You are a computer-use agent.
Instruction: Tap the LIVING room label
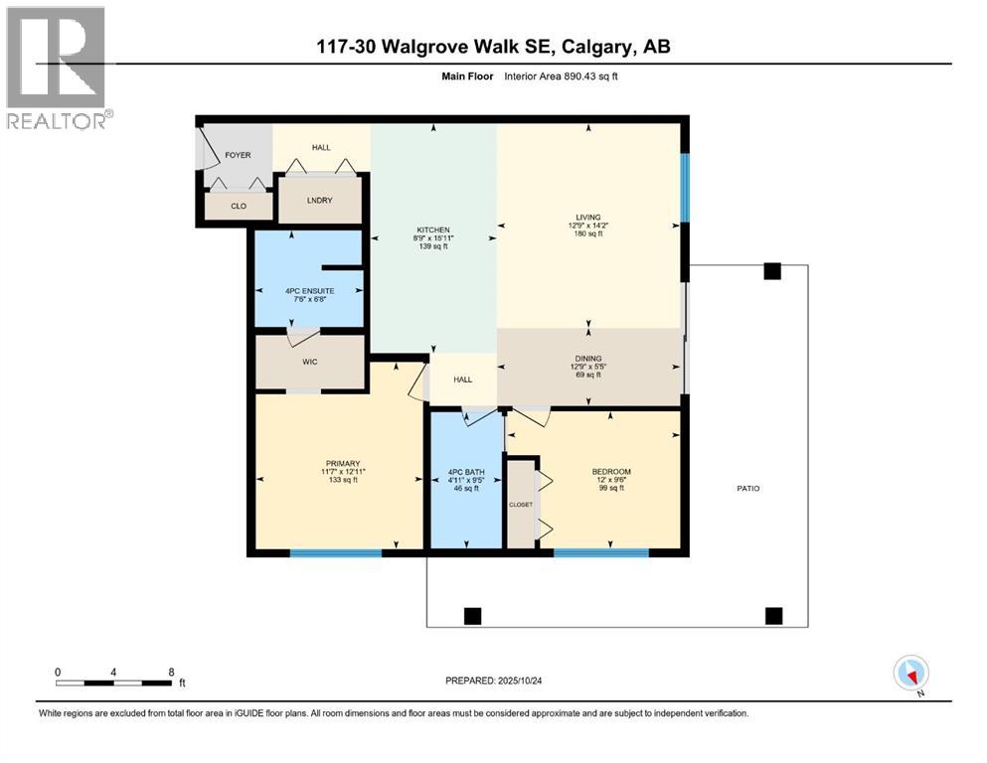588,217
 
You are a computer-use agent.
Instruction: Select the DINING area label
588,359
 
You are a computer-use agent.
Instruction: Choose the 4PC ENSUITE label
309,291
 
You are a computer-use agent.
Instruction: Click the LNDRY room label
319,201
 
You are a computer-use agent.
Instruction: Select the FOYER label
237,155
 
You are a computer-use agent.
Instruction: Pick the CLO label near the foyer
238,207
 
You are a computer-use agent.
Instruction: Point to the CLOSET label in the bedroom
521,504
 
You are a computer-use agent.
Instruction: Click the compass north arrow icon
911,673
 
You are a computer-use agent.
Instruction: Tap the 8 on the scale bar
172,672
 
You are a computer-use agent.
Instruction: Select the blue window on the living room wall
684,187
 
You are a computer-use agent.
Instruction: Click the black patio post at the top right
772,271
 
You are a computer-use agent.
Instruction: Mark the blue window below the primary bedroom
336,552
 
